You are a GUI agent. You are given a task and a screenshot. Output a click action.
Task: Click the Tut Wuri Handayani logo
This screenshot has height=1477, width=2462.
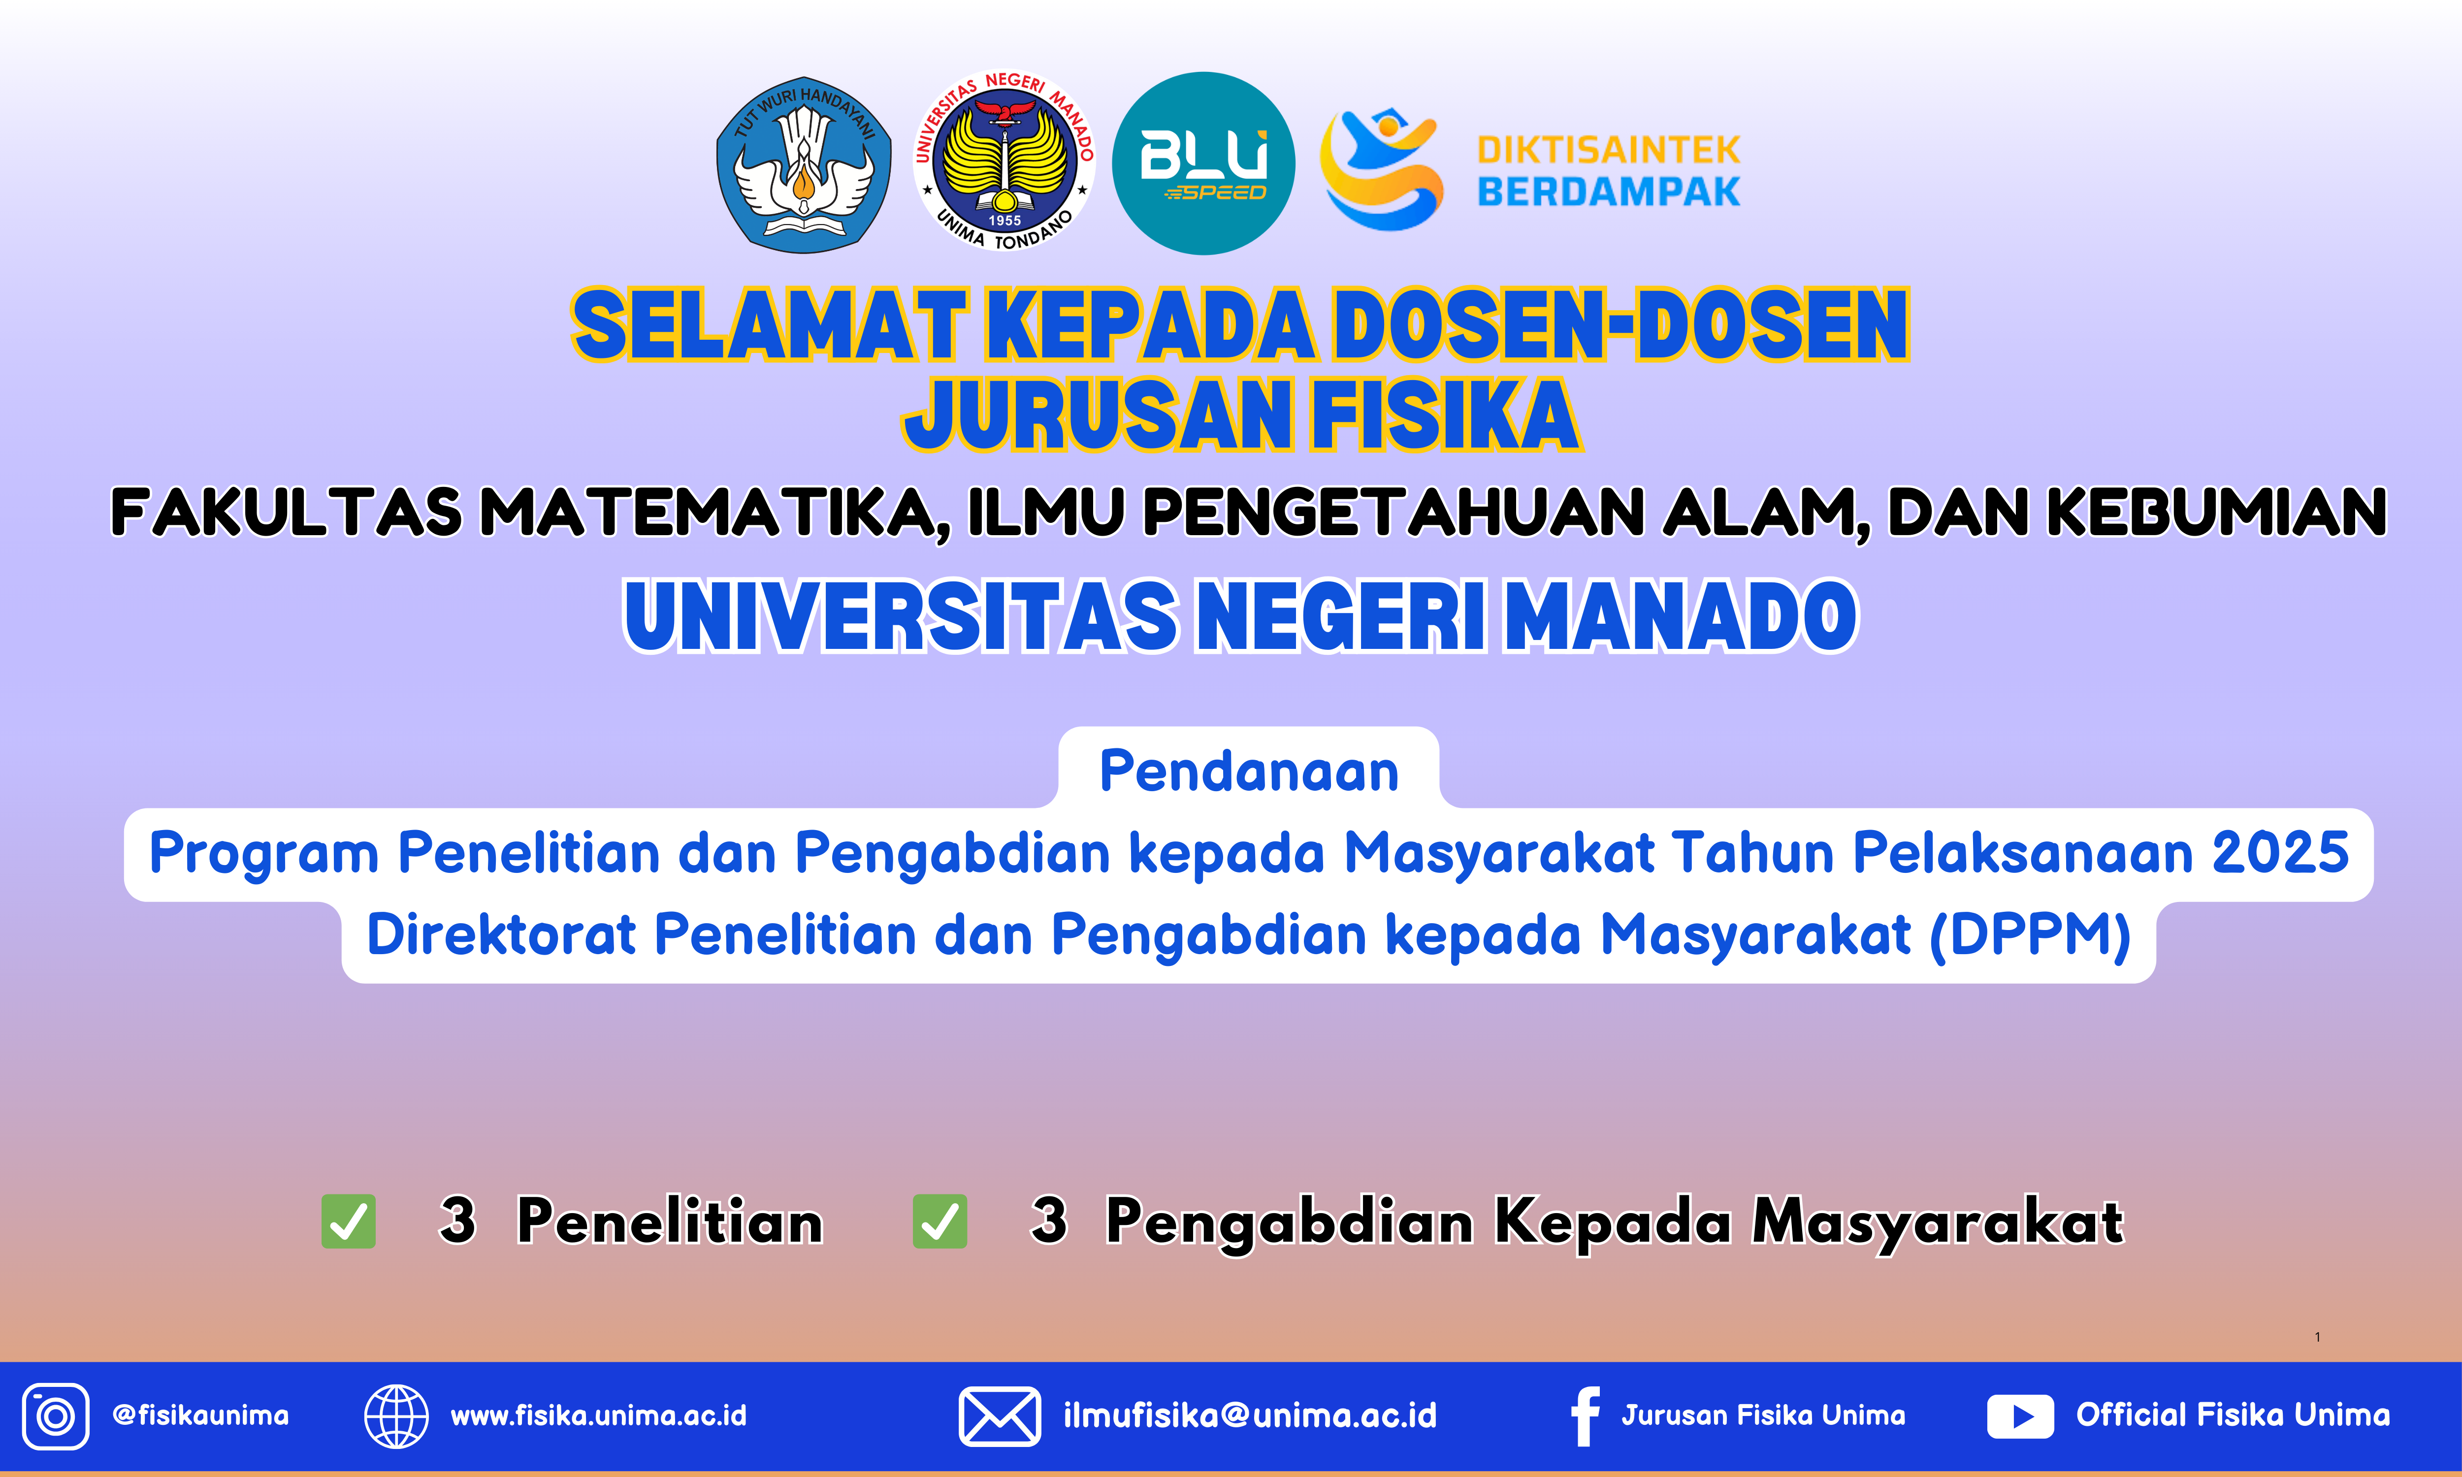(x=804, y=164)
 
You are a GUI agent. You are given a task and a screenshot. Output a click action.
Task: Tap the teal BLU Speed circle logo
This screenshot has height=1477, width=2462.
(x=1203, y=163)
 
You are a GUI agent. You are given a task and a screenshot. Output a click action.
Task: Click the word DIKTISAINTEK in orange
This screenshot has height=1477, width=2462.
(x=1608, y=150)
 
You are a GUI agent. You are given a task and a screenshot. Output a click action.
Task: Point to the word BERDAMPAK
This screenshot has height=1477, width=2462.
(x=1608, y=191)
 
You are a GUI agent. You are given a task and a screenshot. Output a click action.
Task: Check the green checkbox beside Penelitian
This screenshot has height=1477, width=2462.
(x=348, y=1221)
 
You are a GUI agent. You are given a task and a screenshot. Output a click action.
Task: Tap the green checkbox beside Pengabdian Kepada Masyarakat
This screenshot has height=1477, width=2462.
(x=939, y=1221)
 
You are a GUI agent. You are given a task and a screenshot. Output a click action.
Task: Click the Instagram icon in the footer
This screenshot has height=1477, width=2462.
(x=56, y=1415)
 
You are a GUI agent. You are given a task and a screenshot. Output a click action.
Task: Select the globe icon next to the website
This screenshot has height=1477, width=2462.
(x=396, y=1415)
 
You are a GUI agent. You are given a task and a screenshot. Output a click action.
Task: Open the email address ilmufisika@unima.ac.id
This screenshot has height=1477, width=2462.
(x=1250, y=1415)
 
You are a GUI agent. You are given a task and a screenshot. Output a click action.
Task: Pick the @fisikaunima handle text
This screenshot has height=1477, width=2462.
(x=201, y=1415)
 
